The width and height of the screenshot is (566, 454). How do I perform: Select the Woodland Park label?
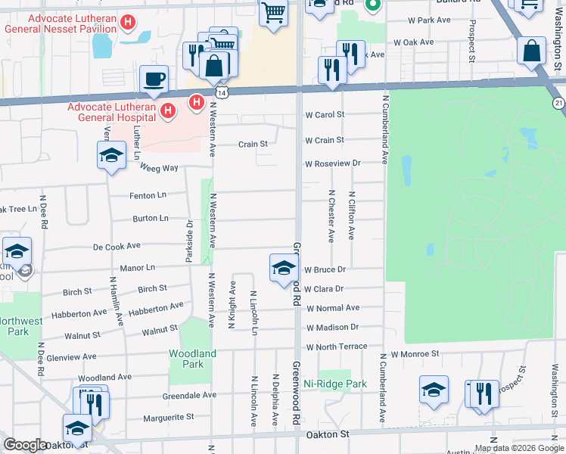(x=193, y=358)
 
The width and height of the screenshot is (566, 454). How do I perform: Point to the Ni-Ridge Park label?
(x=335, y=384)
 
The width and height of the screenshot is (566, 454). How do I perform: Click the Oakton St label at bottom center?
(x=328, y=435)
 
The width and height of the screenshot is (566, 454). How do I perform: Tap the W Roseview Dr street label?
(x=333, y=163)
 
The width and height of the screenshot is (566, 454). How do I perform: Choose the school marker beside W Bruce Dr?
(x=284, y=269)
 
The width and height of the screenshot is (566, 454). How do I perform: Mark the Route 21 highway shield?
(x=558, y=103)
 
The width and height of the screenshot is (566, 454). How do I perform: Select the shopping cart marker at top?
(x=273, y=13)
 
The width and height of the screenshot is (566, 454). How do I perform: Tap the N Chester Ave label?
(x=331, y=216)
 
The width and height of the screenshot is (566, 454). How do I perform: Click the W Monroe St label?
(x=415, y=353)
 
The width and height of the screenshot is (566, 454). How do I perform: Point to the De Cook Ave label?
(x=117, y=247)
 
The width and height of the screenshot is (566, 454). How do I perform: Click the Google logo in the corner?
(x=25, y=446)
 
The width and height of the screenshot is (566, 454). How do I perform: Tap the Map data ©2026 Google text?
(x=518, y=448)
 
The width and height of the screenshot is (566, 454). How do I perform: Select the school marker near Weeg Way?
(x=111, y=157)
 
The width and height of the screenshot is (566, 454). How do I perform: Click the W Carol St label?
(x=325, y=115)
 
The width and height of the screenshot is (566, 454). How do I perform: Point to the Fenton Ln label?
(x=149, y=194)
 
